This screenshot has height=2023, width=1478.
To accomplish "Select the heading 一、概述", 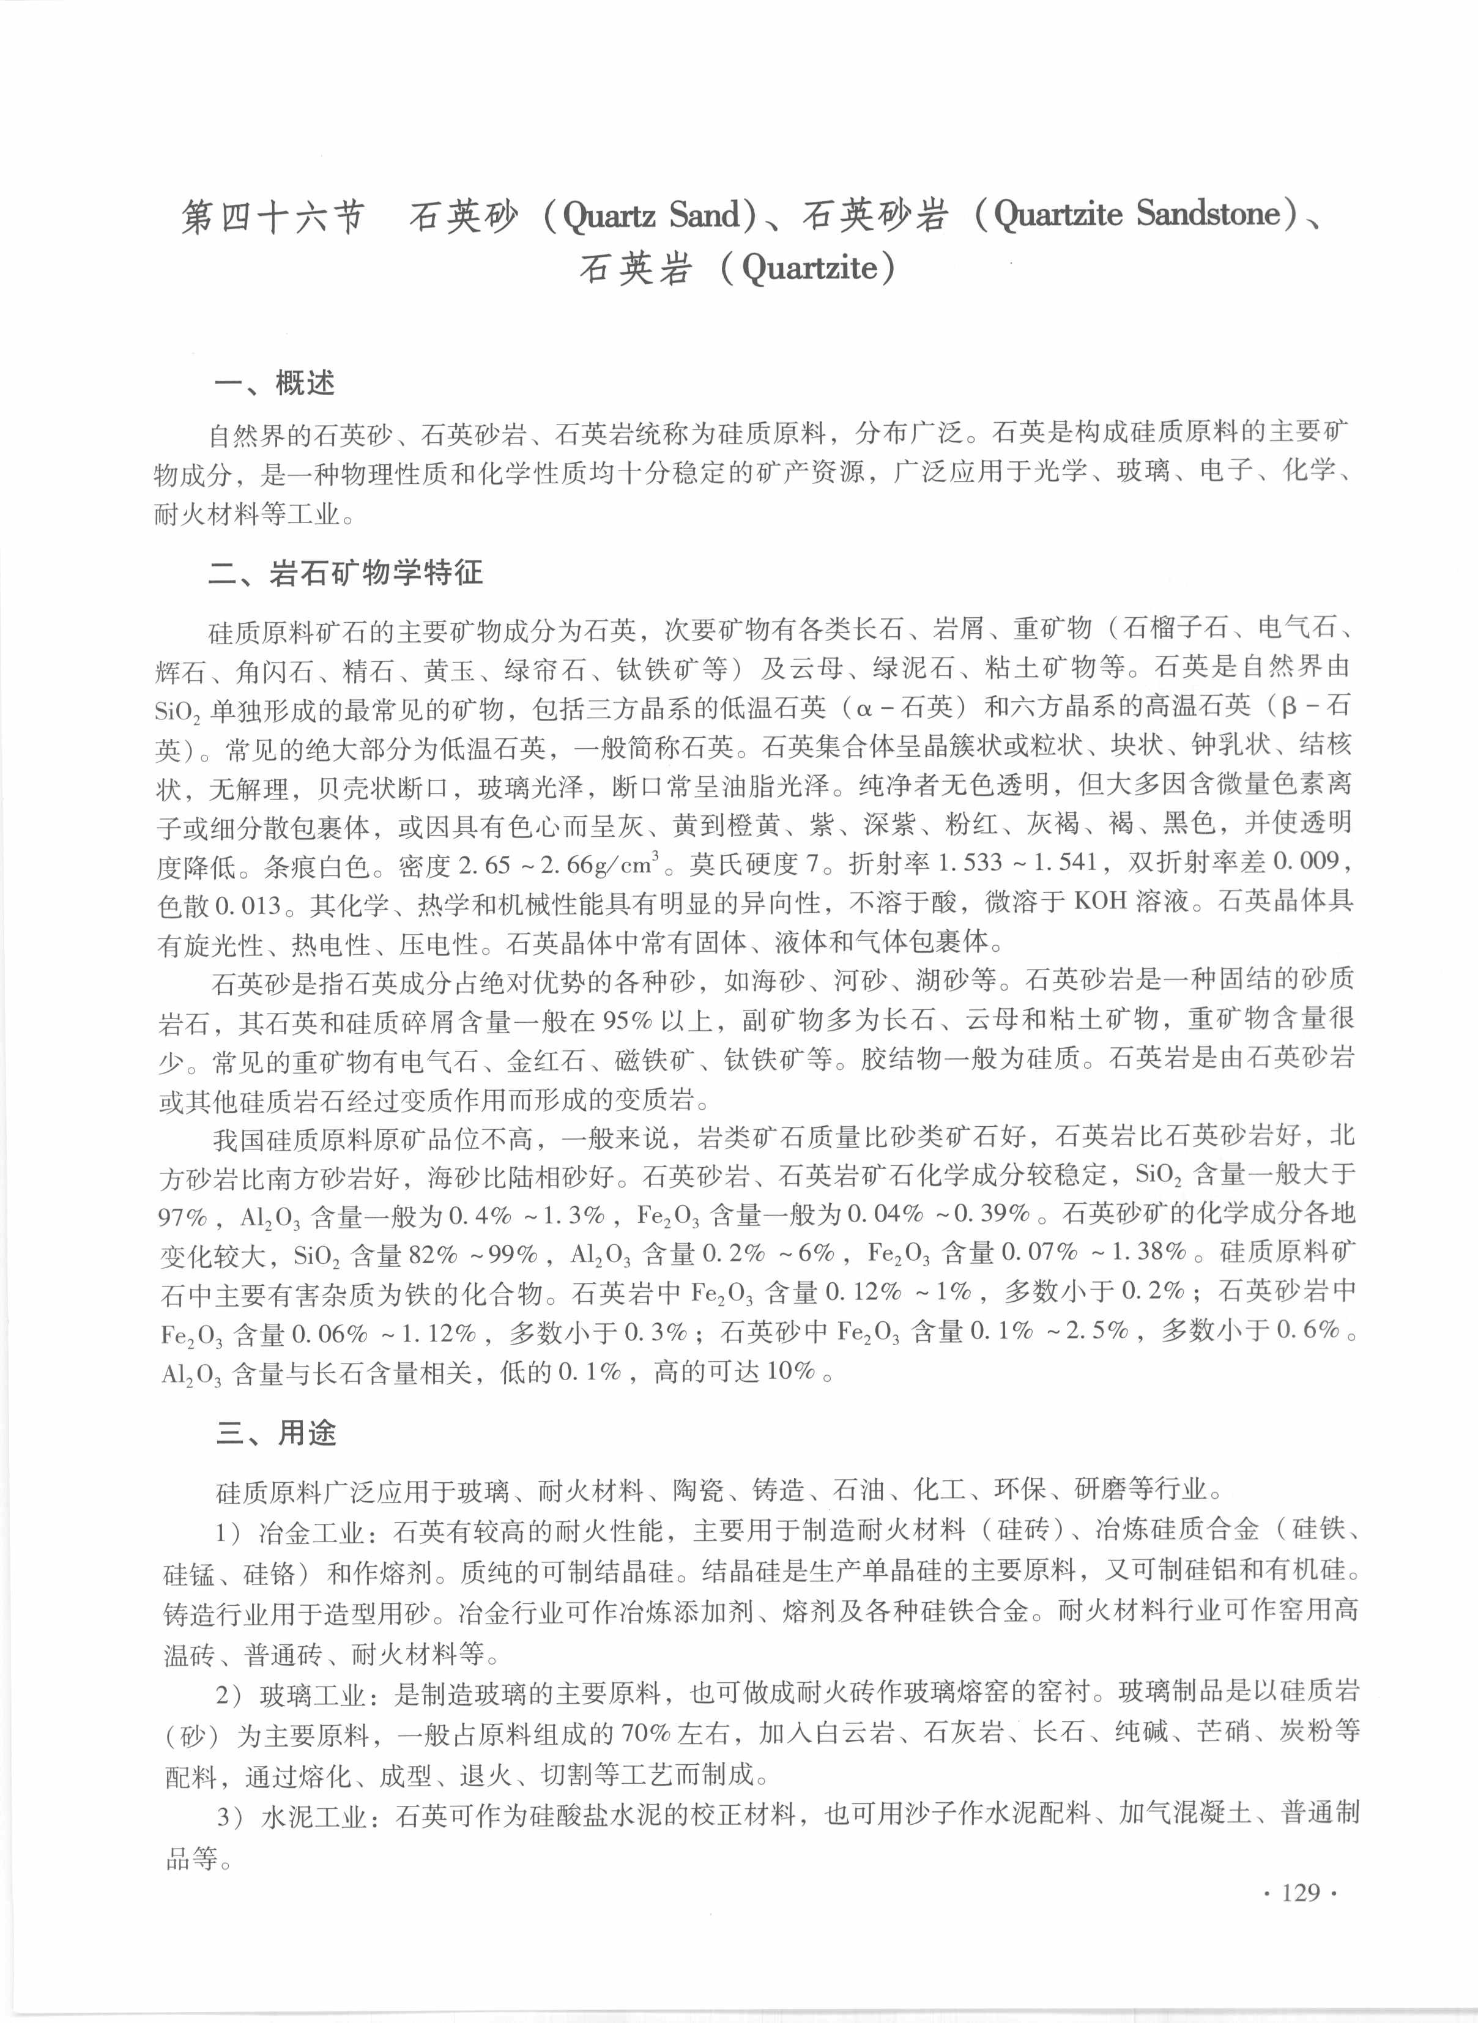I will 275,384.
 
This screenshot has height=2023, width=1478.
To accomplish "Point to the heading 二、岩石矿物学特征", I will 346,573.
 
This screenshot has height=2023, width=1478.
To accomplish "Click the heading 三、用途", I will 277,1433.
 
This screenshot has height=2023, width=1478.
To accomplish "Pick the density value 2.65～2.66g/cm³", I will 559,864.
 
